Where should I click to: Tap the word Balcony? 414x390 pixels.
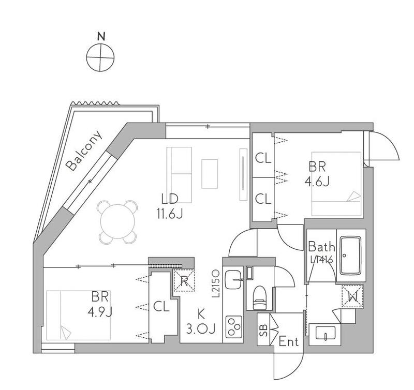pos(84,151)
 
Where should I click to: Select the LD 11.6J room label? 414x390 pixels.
pos(170,206)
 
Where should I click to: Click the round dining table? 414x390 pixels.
pos(118,222)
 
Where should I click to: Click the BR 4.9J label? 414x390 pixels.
pos(100,304)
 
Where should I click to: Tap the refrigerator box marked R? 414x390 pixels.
pos(184,280)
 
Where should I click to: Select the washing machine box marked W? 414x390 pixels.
pos(352,296)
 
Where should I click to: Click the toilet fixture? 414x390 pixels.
pos(260,297)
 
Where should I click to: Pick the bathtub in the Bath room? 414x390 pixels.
pos(350,256)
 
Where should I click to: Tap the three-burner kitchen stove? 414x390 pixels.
pos(233,327)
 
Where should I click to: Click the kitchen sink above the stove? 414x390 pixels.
pos(233,280)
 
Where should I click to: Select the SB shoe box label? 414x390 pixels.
pos(263,330)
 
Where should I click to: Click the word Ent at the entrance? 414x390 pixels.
pos(289,342)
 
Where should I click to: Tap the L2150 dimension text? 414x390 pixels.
pos(216,284)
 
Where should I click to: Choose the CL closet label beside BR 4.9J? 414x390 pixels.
pos(161,307)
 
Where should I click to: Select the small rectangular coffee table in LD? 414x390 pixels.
pos(210,174)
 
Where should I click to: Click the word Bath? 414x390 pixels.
pos(321,247)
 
